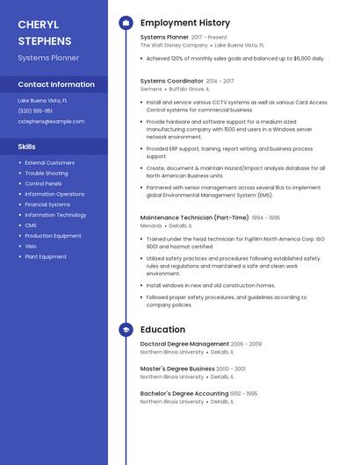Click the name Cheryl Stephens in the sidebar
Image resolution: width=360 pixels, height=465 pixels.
point(45,32)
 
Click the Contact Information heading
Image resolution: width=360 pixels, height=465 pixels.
point(56,84)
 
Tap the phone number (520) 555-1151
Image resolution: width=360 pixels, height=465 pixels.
point(35,111)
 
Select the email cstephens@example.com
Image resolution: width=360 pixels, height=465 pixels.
point(51,121)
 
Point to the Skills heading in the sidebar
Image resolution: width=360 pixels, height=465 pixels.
point(27,147)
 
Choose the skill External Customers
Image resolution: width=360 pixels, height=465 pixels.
point(49,162)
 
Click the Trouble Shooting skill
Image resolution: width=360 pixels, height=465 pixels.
point(47,173)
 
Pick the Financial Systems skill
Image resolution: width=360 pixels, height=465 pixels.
point(47,204)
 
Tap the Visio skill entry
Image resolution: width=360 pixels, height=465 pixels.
point(31,247)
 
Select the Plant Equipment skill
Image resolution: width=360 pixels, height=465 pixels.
point(46,257)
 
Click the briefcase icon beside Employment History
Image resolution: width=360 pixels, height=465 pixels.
point(126,23)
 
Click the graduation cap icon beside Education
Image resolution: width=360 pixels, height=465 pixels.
point(126,330)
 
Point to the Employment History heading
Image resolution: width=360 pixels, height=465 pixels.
point(185,23)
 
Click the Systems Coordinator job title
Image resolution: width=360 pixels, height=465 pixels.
point(172,81)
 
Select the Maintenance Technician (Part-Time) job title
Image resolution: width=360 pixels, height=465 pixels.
point(194,217)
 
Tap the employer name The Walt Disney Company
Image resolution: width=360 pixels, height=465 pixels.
point(174,45)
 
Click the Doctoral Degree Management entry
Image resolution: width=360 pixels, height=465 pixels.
point(184,344)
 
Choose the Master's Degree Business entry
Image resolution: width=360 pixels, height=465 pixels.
point(177,368)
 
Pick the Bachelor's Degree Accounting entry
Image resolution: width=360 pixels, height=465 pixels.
point(184,393)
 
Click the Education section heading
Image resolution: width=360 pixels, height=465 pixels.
point(162,330)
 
